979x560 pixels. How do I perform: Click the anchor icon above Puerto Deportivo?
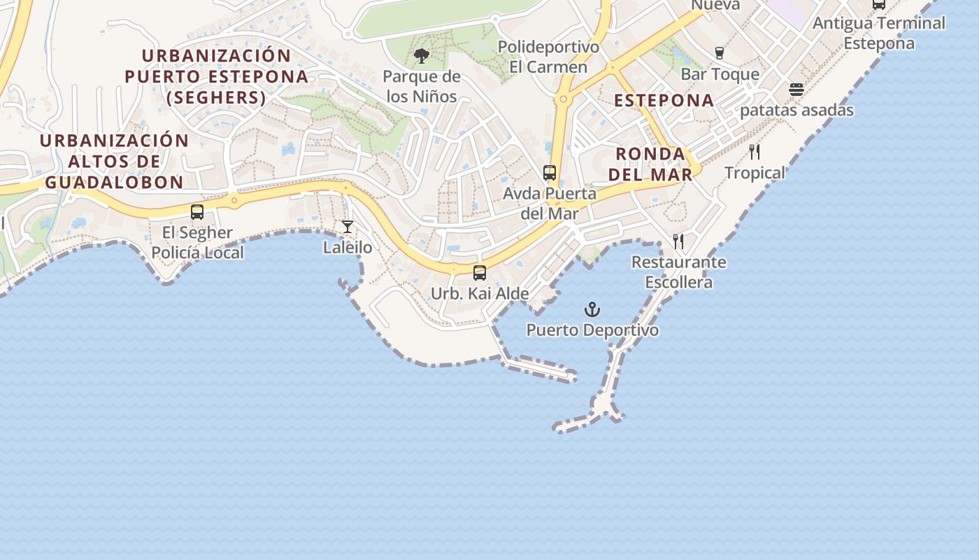click(592, 309)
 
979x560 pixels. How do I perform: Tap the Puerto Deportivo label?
click(592, 330)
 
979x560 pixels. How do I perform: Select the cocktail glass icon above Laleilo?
click(348, 227)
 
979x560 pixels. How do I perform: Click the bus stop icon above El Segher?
click(197, 211)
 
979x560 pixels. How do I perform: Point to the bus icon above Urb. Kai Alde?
click(480, 273)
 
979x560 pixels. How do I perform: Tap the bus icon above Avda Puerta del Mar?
click(550, 172)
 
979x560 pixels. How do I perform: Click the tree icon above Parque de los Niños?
click(422, 56)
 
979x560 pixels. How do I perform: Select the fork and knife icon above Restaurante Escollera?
click(678, 241)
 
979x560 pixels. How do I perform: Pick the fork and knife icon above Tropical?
click(755, 152)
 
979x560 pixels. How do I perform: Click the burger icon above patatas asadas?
click(796, 90)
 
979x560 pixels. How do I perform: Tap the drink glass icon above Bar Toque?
click(719, 53)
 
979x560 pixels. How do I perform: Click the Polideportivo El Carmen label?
click(548, 57)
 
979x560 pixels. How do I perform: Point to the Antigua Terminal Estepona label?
click(879, 33)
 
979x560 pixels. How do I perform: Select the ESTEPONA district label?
click(664, 100)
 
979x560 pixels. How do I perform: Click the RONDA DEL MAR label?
click(650, 164)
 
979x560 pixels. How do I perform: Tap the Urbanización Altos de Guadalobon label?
click(114, 161)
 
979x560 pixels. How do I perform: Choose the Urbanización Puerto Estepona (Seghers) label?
click(217, 76)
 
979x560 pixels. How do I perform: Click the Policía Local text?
click(198, 253)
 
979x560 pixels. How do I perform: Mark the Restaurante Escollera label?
click(678, 272)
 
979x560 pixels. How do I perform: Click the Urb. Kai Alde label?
click(480, 293)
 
